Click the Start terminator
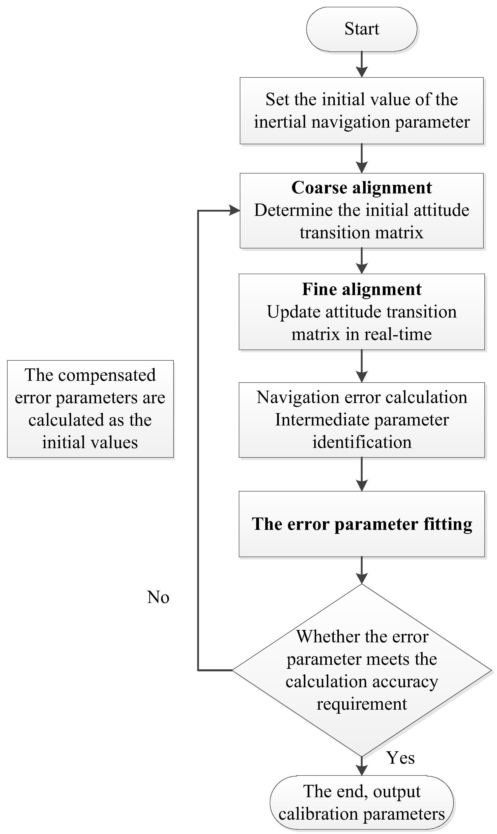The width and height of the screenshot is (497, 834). [362, 29]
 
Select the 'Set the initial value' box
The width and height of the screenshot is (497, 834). [362, 111]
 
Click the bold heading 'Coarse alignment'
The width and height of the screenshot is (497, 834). [362, 188]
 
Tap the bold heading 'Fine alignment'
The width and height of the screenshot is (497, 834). [362, 289]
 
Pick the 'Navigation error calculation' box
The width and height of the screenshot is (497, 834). [362, 420]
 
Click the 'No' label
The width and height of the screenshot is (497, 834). [158, 597]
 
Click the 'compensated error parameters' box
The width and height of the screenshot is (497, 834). [91, 409]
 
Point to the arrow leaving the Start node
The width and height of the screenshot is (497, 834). [362, 64]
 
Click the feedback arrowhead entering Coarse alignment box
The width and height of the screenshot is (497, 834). [235, 211]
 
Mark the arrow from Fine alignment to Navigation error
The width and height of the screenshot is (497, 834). [362, 366]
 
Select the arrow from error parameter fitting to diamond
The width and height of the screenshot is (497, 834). [362, 570]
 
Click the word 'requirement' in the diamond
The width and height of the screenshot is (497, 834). [362, 704]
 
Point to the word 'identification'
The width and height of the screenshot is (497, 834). [362, 442]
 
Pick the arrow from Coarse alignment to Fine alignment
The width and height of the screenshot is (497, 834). [362, 261]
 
